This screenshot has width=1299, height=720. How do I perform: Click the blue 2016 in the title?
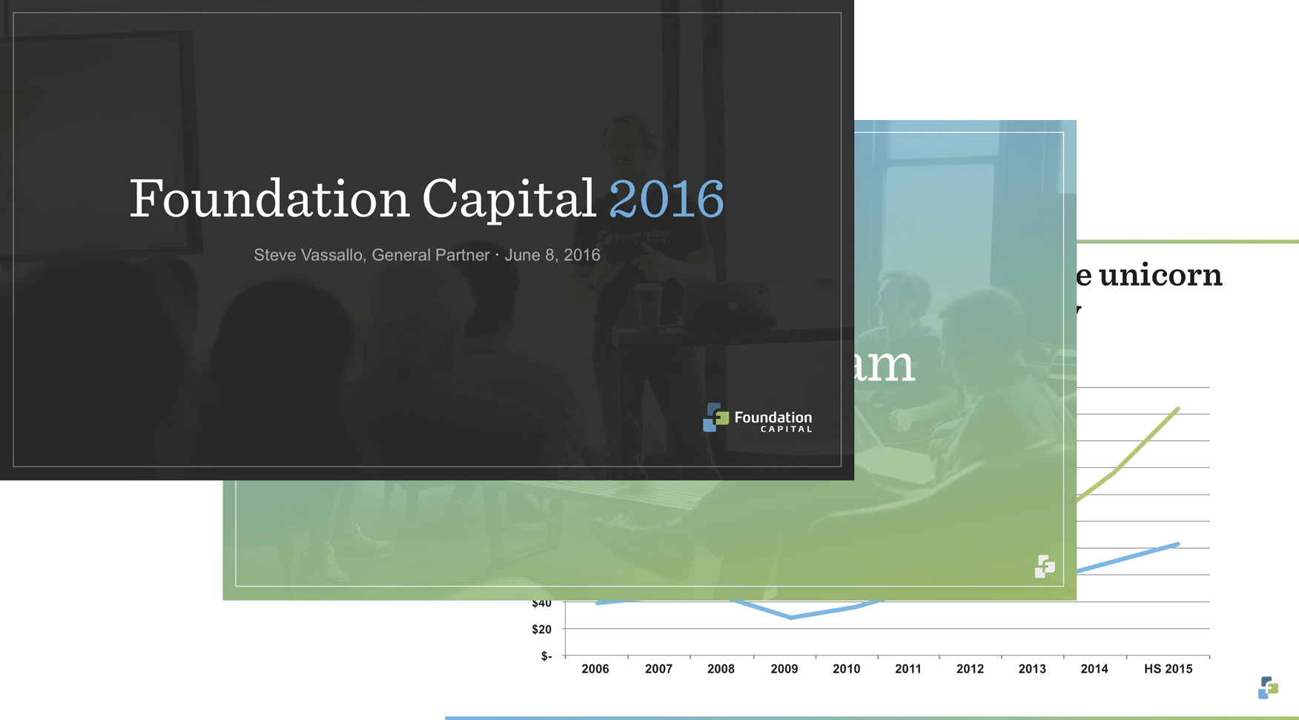point(666,199)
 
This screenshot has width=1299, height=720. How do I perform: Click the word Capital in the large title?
point(509,199)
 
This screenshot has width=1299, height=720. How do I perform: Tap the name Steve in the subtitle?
point(274,255)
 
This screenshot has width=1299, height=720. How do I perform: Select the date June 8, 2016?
point(552,255)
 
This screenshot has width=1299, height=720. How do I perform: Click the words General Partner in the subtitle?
point(430,255)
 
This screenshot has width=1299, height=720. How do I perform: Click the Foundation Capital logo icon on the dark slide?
point(715,417)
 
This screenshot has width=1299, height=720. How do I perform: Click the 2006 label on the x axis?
point(595,669)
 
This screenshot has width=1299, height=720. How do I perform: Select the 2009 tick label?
point(784,669)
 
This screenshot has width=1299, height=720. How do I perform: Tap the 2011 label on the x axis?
point(908,669)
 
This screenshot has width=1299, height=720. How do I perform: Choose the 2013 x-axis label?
point(1031,669)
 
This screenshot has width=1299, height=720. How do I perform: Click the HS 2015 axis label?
point(1168,669)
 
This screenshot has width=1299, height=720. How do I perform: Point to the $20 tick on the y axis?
point(541,630)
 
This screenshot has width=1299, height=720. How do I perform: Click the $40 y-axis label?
point(541,604)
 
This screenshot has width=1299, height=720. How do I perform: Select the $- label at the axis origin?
point(546,656)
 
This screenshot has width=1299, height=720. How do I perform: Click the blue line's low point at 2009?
point(792,618)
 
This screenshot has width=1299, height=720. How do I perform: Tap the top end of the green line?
point(1178,409)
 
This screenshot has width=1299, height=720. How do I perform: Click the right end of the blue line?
point(1178,544)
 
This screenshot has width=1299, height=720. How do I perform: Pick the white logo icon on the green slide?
point(1045,567)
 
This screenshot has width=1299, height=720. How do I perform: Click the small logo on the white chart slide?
point(1268,687)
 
